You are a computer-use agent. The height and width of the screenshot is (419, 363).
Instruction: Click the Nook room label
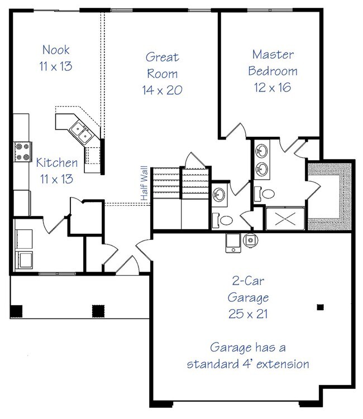tap(56, 50)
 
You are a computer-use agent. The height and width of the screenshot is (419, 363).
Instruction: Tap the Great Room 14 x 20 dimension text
tap(162, 90)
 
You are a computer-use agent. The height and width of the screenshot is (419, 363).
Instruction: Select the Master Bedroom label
tap(273, 63)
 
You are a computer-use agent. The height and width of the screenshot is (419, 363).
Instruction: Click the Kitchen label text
tap(57, 162)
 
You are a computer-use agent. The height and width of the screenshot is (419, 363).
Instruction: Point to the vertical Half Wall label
tap(144, 184)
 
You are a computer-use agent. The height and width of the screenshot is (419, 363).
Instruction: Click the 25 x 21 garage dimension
tap(248, 314)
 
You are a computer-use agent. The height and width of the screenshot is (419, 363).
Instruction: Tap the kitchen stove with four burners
tap(23, 152)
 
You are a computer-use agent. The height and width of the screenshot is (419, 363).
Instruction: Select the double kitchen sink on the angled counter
tap(82, 132)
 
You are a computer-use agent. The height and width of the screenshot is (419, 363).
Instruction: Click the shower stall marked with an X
tap(285, 218)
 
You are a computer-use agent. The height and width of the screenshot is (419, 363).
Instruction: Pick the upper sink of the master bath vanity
tap(261, 151)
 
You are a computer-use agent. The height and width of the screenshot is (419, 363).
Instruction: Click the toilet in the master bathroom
tap(265, 194)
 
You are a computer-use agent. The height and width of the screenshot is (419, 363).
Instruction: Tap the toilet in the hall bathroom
tap(223, 220)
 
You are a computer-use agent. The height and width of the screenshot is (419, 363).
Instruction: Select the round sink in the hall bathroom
tap(219, 194)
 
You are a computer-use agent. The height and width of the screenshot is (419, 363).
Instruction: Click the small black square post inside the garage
tap(320, 307)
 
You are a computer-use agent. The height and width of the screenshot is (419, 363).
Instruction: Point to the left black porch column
tap(16, 311)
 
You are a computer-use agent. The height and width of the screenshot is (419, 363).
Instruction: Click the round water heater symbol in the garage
tap(250, 240)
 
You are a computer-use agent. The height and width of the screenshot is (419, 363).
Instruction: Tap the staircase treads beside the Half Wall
tap(180, 183)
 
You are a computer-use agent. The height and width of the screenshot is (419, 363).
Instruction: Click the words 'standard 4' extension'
tap(248, 364)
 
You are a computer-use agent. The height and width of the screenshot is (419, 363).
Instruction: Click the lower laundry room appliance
tap(24, 260)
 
